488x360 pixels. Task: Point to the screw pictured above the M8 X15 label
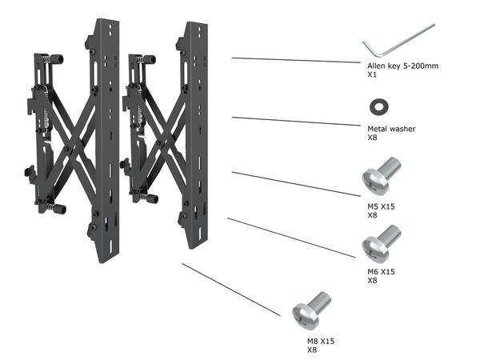click(310, 312)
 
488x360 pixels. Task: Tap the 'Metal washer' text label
click(391, 128)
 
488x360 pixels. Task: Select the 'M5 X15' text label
click(381, 206)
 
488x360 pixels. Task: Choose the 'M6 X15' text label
click(381, 272)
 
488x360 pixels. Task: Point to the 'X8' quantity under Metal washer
click(371, 138)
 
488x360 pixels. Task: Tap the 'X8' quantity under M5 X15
click(371, 215)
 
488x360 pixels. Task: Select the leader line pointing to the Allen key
click(296, 60)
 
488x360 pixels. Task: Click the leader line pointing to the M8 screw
click(232, 290)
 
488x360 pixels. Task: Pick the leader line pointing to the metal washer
click(296, 122)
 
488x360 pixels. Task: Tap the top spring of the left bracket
click(56, 58)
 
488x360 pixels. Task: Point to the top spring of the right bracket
click(149, 58)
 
